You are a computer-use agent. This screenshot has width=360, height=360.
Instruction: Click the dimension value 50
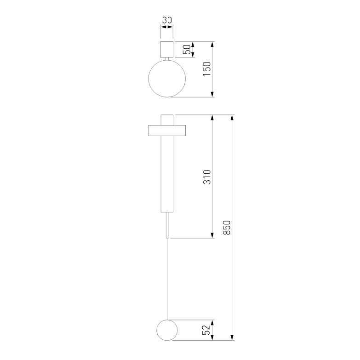pyautogui.click(x=187, y=50)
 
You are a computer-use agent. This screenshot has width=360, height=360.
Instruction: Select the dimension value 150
pyautogui.click(x=207, y=69)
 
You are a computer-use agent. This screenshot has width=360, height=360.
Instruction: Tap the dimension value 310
pyautogui.click(x=207, y=177)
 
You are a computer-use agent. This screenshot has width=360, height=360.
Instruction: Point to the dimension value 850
pyautogui.click(x=227, y=228)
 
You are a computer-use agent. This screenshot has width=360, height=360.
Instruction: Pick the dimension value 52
pyautogui.click(x=207, y=330)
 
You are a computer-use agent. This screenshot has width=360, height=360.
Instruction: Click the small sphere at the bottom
pyautogui.click(x=166, y=330)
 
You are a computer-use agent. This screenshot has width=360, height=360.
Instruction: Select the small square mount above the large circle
pyautogui.click(x=166, y=49)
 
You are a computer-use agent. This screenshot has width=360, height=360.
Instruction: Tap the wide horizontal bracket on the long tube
pyautogui.click(x=166, y=131)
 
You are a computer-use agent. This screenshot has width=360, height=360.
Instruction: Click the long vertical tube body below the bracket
pyautogui.click(x=166, y=175)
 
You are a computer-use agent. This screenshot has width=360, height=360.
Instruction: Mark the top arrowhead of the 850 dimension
pyautogui.click(x=233, y=118)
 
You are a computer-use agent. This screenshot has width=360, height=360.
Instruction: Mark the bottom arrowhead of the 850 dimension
pyautogui.click(x=233, y=337)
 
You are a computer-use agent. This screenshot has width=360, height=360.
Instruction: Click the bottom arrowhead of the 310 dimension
pyautogui.click(x=213, y=235)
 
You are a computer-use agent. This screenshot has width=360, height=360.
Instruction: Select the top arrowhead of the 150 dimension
pyautogui.click(x=213, y=45)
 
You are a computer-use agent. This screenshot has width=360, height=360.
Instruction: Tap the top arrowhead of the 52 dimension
pyautogui.click(x=213, y=323)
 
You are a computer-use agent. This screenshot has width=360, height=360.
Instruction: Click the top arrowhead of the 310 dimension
pyautogui.click(x=213, y=118)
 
